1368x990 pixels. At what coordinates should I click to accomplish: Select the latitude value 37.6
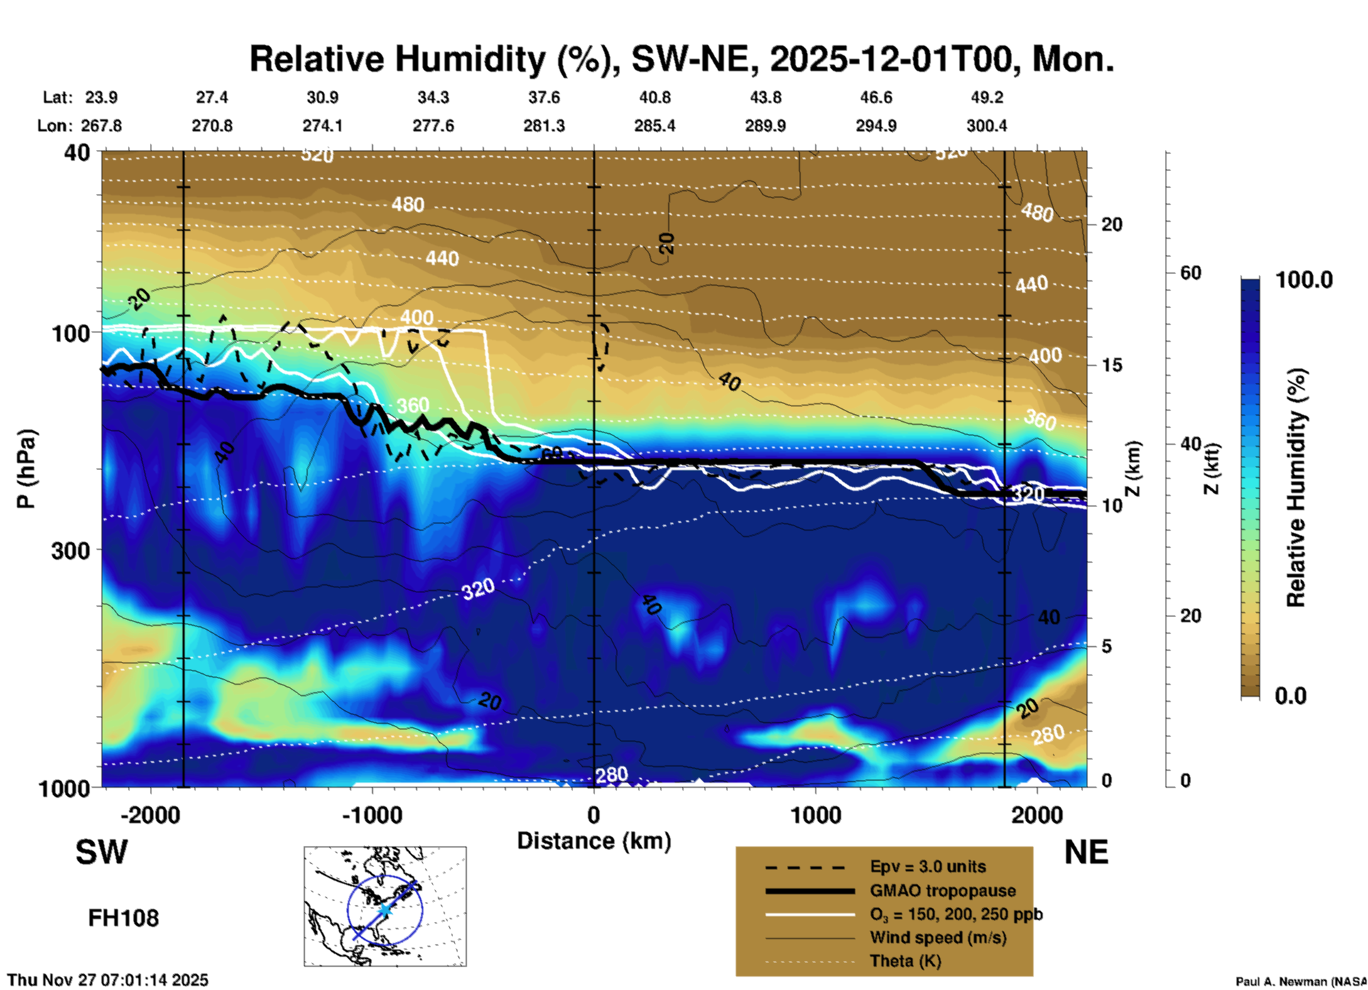(544, 97)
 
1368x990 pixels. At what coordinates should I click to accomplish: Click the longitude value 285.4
(654, 126)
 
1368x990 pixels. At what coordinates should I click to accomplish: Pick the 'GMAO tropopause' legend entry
(942, 891)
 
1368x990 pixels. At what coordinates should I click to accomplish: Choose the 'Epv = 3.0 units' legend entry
(927, 866)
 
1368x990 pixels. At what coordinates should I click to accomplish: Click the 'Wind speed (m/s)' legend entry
(938, 937)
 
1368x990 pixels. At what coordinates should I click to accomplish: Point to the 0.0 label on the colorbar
(1291, 695)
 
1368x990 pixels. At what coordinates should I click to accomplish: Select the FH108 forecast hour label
(124, 918)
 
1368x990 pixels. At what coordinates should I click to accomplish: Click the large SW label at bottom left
(102, 852)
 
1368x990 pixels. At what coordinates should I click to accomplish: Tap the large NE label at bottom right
(1086, 852)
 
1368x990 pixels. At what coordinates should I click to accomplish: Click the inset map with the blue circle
(385, 905)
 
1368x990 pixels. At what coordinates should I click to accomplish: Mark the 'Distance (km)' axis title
(594, 841)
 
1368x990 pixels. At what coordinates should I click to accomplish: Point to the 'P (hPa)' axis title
(26, 468)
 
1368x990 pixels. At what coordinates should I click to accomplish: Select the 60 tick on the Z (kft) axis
(1190, 273)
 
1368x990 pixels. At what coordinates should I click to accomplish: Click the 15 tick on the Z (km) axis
(1112, 365)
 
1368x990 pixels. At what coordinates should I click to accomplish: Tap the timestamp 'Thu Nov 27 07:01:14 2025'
(108, 980)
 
